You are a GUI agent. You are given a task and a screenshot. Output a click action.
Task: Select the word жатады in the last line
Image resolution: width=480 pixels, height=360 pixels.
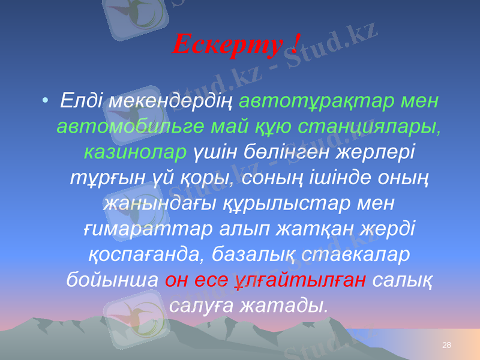click(x=281, y=306)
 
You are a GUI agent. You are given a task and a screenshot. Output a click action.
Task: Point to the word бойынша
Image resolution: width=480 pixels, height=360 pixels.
click(x=111, y=281)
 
